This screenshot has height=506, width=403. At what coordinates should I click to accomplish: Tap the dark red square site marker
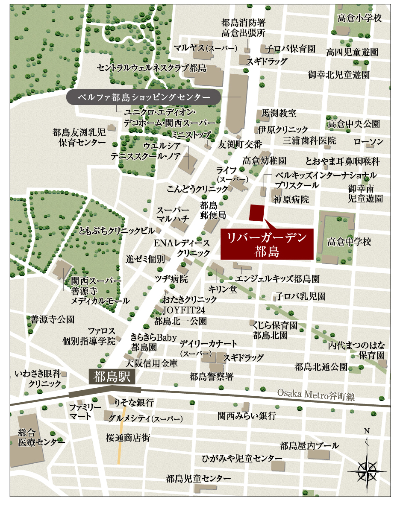click(x=256, y=213)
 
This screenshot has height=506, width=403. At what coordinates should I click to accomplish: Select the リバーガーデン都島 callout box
click(x=268, y=244)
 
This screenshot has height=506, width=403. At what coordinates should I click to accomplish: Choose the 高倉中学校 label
click(x=350, y=242)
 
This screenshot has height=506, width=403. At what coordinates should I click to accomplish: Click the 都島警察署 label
click(x=212, y=377)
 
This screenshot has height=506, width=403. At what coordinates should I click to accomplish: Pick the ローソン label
click(x=368, y=141)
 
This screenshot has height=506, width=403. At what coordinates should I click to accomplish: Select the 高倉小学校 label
click(x=359, y=18)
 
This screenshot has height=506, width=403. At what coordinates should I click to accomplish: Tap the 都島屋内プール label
click(x=309, y=446)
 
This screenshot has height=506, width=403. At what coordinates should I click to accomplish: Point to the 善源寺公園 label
click(x=53, y=319)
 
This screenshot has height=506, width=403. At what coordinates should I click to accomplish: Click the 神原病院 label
click(x=291, y=199)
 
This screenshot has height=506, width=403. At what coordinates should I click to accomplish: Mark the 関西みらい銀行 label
click(x=247, y=415)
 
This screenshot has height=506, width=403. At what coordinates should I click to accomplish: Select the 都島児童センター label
click(x=198, y=479)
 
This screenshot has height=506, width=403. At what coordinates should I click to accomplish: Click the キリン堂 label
click(x=223, y=290)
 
